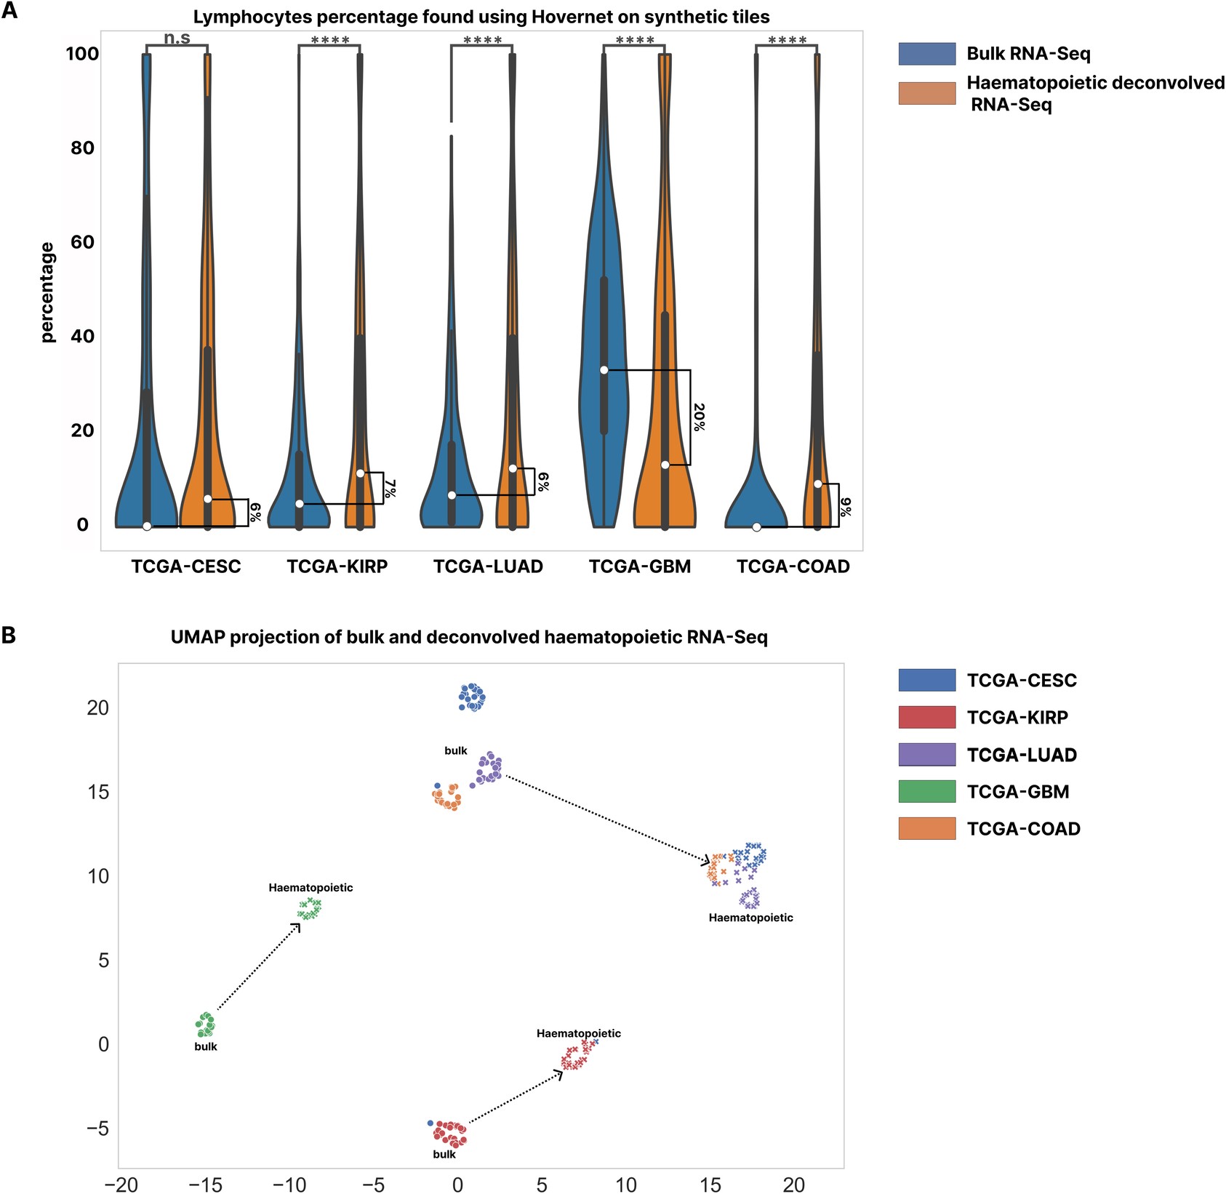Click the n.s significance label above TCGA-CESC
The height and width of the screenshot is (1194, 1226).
point(177,38)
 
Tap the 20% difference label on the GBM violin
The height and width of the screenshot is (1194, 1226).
point(699,417)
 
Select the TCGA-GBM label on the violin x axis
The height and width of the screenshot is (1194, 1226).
point(640,566)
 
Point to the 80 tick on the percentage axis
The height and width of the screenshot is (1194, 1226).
point(82,148)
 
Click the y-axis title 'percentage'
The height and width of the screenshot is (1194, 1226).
point(47,292)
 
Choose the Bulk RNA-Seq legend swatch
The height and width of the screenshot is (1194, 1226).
point(926,54)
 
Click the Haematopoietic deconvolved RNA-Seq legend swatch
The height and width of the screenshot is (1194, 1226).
point(926,93)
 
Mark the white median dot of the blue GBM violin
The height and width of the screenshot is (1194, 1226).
point(604,370)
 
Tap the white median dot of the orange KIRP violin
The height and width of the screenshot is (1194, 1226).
point(361,473)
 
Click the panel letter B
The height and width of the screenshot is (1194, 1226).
point(9,636)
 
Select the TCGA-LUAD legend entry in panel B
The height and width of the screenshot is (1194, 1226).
point(1022,755)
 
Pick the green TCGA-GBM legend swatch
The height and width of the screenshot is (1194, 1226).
point(926,791)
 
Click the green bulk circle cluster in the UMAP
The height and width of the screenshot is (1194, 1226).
point(206,1025)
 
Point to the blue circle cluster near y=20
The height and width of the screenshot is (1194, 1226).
point(472,697)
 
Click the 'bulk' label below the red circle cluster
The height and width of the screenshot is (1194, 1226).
point(444,1154)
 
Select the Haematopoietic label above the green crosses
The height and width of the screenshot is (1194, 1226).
point(310,887)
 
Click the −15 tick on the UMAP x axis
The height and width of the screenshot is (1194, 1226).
point(205,1185)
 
